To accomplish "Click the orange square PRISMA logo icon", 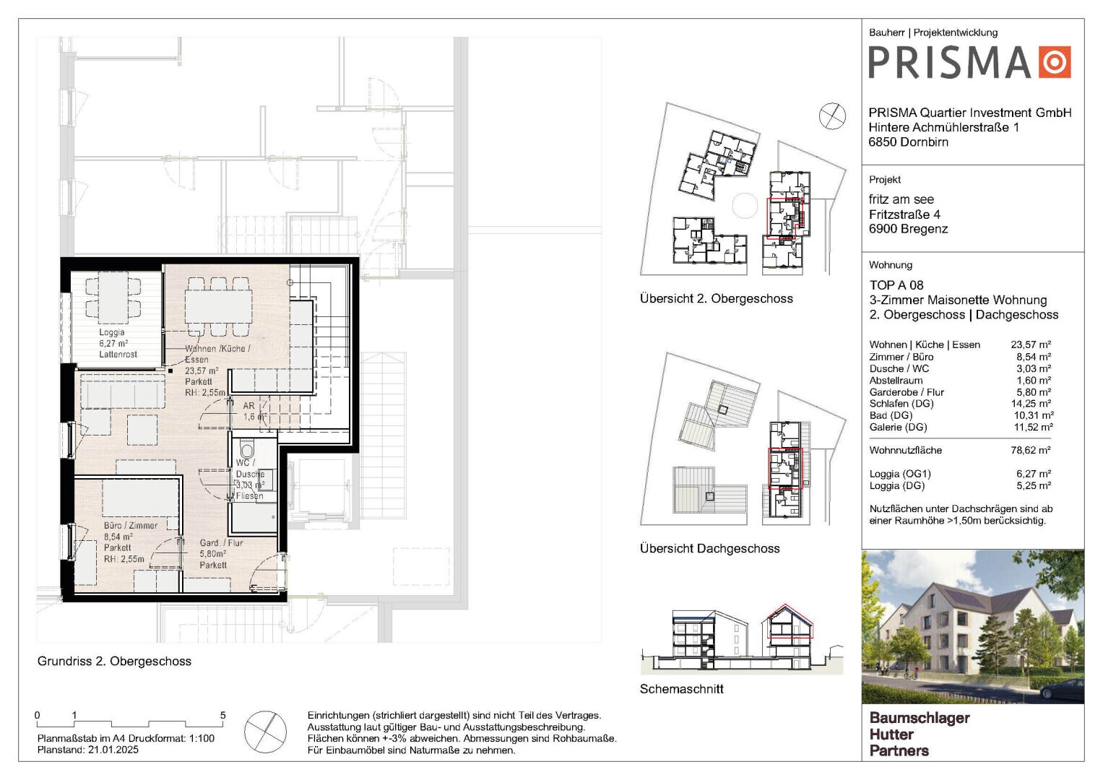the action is coord(1055,62).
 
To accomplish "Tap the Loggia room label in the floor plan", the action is coord(112,332).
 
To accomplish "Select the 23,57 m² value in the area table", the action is coord(1031,344).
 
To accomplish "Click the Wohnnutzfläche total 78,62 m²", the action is coord(1031,450).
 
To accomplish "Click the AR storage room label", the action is coord(248,406).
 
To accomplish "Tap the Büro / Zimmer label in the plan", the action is coord(131,526).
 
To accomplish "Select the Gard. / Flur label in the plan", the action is coord(221,542).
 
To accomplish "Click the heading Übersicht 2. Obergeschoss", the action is coord(717,298).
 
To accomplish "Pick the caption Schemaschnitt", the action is coord(681,689).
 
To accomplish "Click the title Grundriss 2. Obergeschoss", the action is coord(114,661).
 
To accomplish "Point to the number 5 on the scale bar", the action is coord(222,715).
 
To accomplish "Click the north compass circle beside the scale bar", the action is coord(265,732).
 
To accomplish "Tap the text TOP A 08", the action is coord(896,285).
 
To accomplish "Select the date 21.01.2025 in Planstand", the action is coord(113,750).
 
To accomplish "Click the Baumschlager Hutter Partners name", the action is coord(920,734).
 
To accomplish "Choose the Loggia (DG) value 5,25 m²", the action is coord(1034,485).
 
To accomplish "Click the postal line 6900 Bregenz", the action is coord(909,229).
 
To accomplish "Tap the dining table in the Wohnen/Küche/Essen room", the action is coord(218,305).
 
